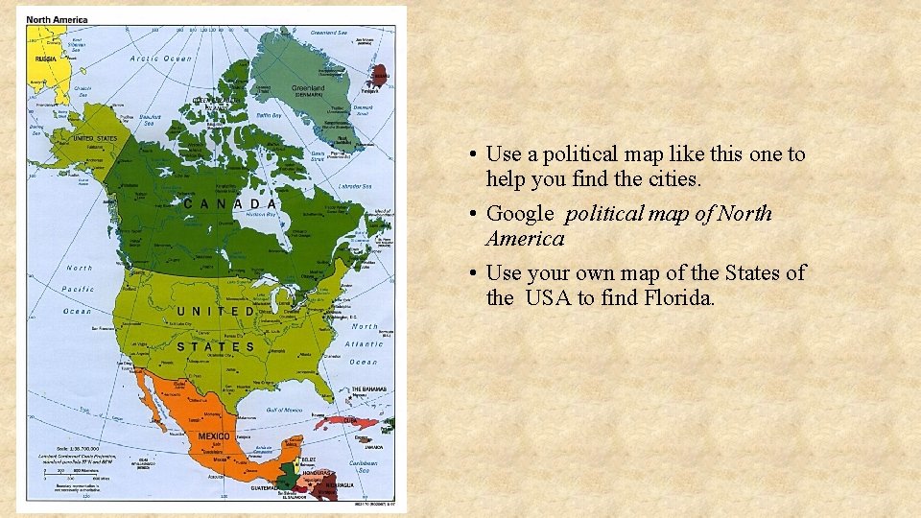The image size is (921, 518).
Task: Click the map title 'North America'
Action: click(x=58, y=19)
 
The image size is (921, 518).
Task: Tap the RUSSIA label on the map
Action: click(x=45, y=59)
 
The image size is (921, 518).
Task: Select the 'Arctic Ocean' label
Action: click(x=161, y=59)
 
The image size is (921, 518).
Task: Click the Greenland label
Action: click(x=308, y=87)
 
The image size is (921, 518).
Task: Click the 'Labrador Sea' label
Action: click(x=355, y=185)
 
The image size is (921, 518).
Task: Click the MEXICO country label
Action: click(x=213, y=436)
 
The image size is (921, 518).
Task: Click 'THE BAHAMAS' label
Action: click(x=369, y=389)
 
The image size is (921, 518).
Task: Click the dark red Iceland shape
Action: click(x=380, y=74)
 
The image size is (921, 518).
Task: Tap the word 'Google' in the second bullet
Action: click(x=520, y=213)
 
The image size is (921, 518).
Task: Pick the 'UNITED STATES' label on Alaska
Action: click(x=95, y=138)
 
